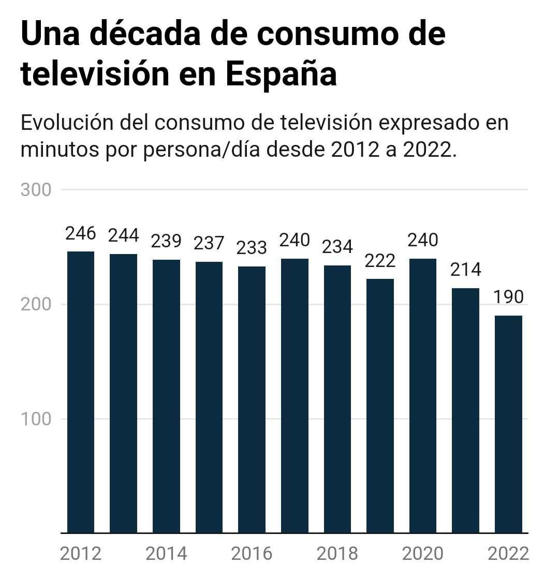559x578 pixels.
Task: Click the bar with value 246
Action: coord(81,392)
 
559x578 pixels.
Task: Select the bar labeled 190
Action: coord(508,424)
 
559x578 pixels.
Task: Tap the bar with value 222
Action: coord(380,406)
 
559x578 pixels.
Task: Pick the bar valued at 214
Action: coord(465,410)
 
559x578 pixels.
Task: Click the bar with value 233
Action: coord(252,399)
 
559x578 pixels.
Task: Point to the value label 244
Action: coord(123,235)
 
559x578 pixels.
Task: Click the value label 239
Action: coord(166,241)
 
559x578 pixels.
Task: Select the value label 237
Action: coord(209,243)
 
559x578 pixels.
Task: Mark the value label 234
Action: coord(337,247)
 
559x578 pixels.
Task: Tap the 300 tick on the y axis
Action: coord(36,190)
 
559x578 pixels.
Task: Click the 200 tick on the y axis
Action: coord(36,304)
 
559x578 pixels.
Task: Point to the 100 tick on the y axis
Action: coord(36,419)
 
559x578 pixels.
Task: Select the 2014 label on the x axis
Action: coord(166,554)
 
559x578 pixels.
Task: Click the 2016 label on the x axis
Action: coord(252,554)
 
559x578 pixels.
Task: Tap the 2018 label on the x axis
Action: coord(337,554)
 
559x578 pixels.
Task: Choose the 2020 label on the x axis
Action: coord(422,554)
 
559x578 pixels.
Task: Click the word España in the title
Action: coord(281,74)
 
